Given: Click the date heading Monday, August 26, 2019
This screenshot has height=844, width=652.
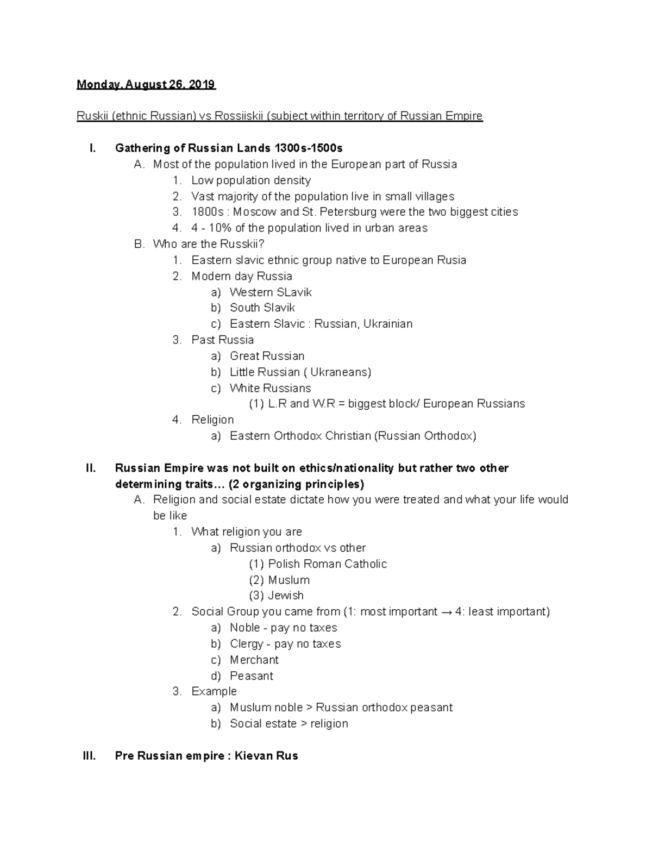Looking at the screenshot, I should (146, 85).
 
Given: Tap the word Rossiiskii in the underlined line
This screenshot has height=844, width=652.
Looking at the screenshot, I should (239, 116).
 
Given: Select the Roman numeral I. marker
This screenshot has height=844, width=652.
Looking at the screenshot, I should (92, 148).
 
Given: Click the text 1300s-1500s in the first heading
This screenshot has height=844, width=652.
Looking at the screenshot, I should (308, 148).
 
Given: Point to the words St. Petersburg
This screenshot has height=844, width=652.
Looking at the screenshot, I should (339, 212).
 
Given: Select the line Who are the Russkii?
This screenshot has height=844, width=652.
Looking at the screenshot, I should (209, 244).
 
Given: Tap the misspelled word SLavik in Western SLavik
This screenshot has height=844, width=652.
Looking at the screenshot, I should (294, 292).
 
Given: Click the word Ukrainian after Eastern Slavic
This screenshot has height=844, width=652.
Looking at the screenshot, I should (387, 324).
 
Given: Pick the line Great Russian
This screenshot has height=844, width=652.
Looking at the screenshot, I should (267, 356).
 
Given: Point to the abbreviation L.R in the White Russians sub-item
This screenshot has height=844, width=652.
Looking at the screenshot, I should (277, 404).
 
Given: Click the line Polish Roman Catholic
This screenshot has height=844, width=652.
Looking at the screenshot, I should (327, 564).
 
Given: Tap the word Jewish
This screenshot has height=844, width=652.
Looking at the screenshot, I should (285, 596).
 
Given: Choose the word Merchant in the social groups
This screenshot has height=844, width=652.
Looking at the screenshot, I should (254, 660).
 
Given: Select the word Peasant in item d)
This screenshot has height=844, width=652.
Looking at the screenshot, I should (251, 676).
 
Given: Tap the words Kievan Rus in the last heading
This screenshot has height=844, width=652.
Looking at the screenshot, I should (266, 756).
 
